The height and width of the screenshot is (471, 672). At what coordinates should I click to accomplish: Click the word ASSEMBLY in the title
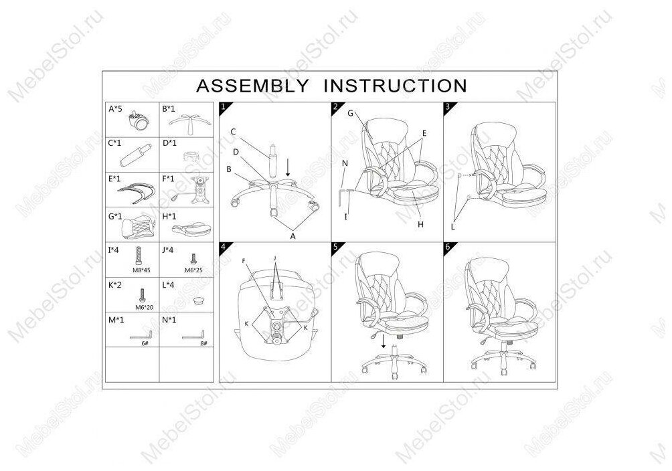point(252,86)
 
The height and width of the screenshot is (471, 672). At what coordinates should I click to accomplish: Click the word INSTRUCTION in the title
point(395,86)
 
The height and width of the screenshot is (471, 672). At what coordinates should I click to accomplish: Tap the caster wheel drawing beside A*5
point(141,121)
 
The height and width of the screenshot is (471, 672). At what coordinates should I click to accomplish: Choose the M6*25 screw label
point(193,270)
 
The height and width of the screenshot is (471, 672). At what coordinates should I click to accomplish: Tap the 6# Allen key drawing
point(142,336)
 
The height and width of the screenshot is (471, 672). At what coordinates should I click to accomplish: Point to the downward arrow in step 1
point(288,165)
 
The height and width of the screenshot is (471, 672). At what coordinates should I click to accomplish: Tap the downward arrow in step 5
point(384,341)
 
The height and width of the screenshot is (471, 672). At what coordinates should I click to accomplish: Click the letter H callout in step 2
point(420,225)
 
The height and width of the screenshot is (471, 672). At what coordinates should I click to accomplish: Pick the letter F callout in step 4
point(244,260)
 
